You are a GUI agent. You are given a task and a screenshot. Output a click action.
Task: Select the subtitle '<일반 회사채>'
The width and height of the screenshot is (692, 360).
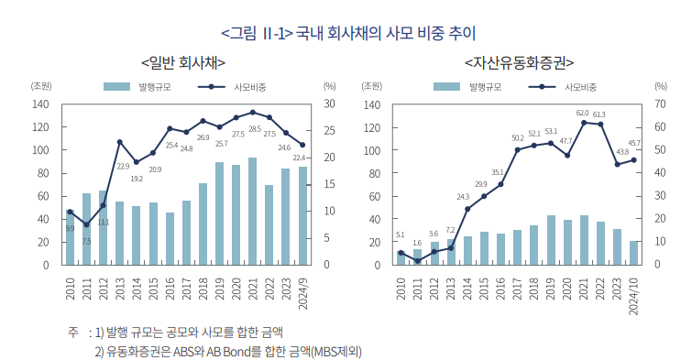183,62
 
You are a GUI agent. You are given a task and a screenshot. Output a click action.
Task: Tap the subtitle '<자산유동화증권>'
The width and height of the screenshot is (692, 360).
519,62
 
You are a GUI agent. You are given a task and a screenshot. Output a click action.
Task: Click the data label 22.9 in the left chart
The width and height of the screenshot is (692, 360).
123,166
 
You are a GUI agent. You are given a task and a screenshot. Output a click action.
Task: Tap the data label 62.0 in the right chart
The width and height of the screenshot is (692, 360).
582,113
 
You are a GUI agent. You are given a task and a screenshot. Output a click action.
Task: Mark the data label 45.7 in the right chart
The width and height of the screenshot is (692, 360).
633,143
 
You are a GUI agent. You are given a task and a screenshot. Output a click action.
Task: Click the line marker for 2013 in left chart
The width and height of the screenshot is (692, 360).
120,142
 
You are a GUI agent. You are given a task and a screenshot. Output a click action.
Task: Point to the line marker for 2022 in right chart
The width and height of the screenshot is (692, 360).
600,125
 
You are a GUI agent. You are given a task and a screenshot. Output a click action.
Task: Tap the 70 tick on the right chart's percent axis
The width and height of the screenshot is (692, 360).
660,104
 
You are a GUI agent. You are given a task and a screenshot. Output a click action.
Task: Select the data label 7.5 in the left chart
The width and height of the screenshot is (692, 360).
86,241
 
